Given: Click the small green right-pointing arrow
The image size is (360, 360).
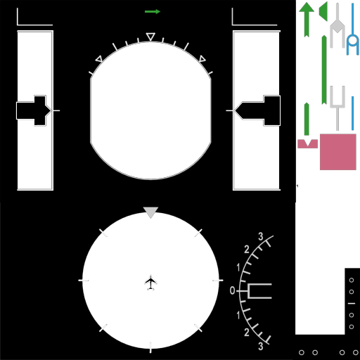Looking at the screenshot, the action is coord(153,11).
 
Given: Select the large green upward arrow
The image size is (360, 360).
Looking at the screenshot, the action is coord(307,20).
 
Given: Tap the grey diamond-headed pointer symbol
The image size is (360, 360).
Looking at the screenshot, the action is coord(337,26).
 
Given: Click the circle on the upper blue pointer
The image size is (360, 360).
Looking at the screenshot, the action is coord(352,40).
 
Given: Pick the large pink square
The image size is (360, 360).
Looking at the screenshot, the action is coord(338,152).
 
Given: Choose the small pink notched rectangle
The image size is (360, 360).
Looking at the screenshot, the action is coord(307,143).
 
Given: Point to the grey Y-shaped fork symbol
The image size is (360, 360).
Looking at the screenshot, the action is coord(337,108).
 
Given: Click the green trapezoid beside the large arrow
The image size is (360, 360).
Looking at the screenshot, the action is coord(323,12).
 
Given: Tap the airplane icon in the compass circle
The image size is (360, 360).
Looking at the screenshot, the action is coord(150,282).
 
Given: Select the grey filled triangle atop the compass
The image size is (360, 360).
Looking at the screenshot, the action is coord(150,212).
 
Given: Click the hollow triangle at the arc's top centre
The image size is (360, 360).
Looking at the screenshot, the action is coord(150,37).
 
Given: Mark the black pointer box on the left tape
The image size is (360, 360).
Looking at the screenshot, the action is coord(34,110).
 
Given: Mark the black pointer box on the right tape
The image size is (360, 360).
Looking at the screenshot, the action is coord(257,110).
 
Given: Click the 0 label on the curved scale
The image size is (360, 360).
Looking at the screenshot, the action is coord(232,290).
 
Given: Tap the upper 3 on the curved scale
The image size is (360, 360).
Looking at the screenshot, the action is coord(261,236).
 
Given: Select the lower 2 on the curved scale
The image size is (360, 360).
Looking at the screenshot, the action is coord(247,332).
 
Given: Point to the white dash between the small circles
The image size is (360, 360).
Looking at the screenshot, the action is coord(352,304).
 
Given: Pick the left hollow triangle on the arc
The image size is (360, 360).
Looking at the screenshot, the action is coord(99,59).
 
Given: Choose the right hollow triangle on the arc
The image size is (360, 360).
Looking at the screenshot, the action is coord(202,59).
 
